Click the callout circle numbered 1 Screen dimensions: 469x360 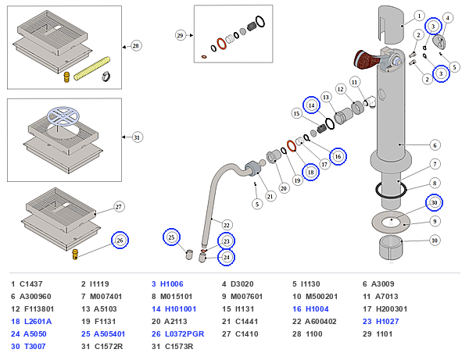point(419,16)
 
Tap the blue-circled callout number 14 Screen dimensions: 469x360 point(311,105)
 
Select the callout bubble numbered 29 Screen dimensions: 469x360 point(180,36)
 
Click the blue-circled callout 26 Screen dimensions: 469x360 point(120,241)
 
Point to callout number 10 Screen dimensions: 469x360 point(435,241)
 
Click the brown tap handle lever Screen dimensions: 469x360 point(367,60)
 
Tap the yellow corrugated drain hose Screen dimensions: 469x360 point(91,69)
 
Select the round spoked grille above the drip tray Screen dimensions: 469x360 point(63,116)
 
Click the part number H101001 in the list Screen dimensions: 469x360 point(181,309)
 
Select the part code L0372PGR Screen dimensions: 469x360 point(184,333)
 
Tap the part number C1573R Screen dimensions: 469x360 point(179,346)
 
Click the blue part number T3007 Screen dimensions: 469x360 point(35,346)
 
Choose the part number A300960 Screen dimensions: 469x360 point(35,297)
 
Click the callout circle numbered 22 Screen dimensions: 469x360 point(227,225)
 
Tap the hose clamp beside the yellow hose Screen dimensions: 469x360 point(106,77)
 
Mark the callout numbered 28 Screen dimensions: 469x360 point(136,46)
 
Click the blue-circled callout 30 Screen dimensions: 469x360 point(434,202)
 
